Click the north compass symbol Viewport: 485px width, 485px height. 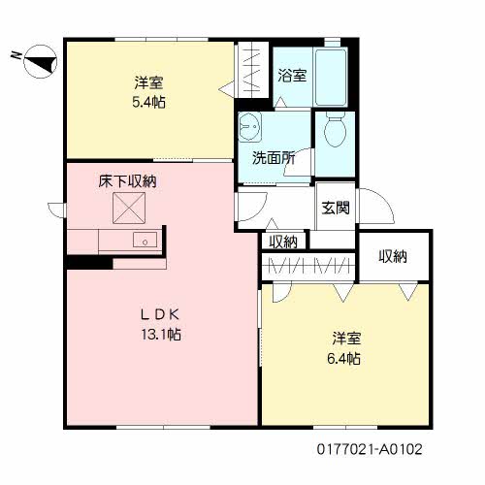pos(41,61)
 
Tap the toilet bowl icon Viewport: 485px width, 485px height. pos(336,130)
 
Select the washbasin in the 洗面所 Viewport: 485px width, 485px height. pos(250,127)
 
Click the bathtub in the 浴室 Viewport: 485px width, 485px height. pos(331,77)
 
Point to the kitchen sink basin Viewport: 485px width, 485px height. pos(145,240)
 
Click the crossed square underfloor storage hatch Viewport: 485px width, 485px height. pos(129,208)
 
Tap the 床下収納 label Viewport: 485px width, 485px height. pos(127,181)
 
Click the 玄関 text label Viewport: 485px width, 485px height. pos(336,208)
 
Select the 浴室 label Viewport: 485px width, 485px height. pos(292,76)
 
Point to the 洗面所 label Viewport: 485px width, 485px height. pos(274,158)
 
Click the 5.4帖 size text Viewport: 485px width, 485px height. pos(148,102)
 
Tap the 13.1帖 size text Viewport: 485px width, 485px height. pos(161,334)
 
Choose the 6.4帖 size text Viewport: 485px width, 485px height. pos(343,358)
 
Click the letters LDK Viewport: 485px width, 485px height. pos(160,314)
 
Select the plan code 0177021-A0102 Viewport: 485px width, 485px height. pos(370,449)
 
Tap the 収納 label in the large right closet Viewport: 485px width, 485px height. pos(393,256)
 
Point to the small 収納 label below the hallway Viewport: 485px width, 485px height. pos(283,242)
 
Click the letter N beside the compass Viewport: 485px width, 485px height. pos(16,55)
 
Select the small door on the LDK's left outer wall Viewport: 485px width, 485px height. pos(57,210)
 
